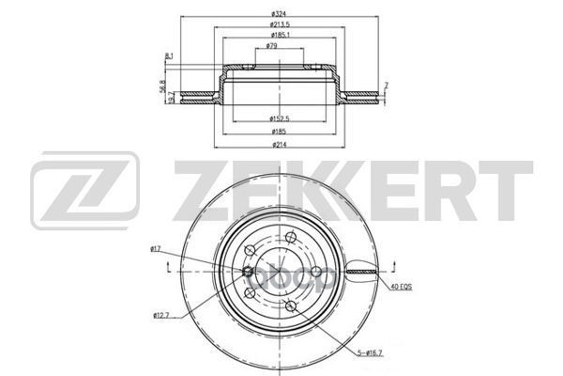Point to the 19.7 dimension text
pyautogui.click(x=171, y=99)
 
